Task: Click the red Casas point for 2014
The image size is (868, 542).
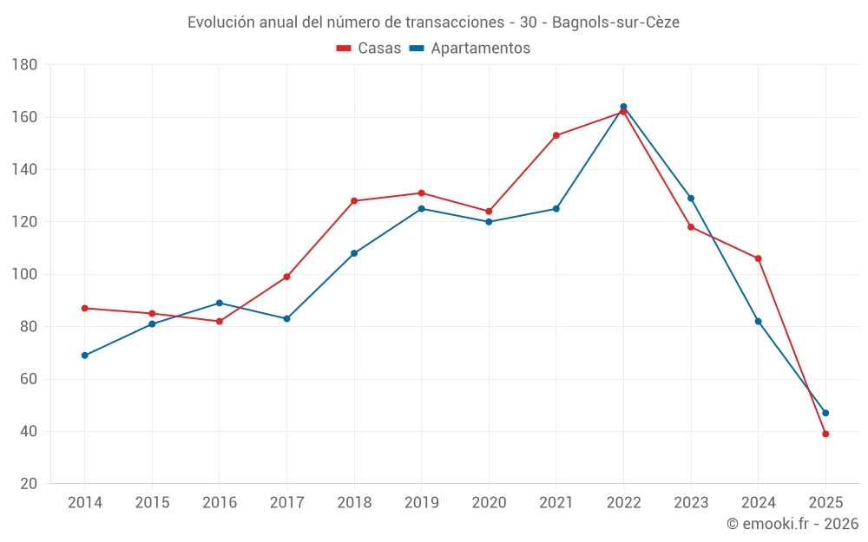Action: [84, 308]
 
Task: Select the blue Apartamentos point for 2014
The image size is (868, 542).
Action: [84, 356]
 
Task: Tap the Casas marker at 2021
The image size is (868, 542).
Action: [556, 135]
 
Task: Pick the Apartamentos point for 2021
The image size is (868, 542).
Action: [556, 208]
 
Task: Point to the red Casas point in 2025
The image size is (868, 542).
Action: [825, 434]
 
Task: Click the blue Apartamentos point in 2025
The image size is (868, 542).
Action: [825, 413]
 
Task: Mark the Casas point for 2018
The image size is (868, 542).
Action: [354, 200]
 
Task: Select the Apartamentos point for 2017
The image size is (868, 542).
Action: [286, 318]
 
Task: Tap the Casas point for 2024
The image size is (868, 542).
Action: [758, 258]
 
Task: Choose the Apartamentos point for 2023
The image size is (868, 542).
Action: [691, 198]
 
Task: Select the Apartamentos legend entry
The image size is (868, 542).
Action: [470, 49]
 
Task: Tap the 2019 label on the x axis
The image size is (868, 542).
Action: [421, 503]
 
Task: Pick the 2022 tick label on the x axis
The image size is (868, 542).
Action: [623, 503]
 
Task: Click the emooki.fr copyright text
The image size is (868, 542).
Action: [792, 524]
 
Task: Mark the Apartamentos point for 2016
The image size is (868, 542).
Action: [219, 303]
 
